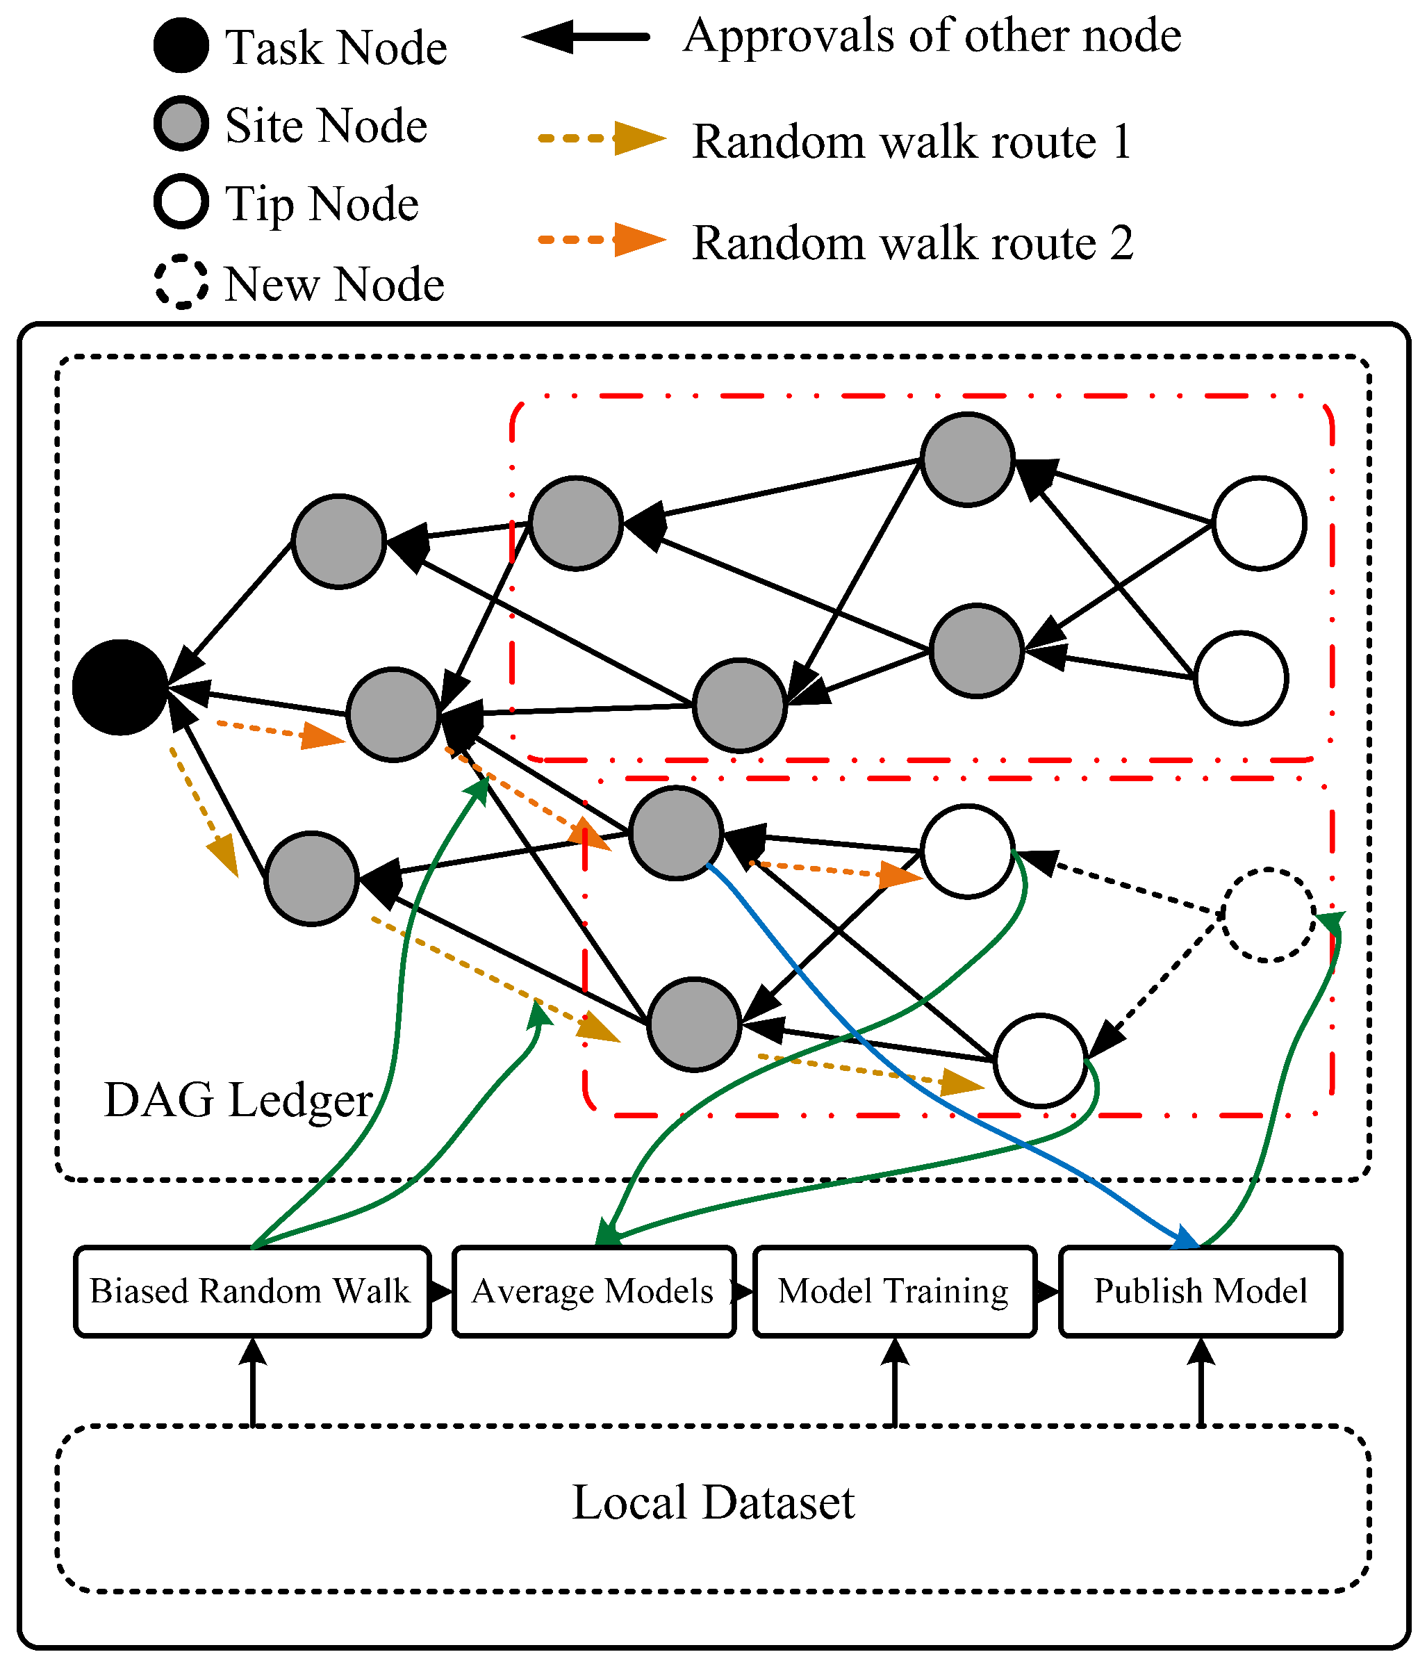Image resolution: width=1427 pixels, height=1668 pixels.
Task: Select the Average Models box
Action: [x=594, y=1291]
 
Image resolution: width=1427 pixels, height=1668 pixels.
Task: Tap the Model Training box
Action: [x=894, y=1291]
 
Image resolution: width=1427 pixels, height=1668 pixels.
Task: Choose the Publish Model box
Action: [x=1200, y=1291]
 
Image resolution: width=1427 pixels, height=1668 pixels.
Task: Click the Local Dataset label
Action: [x=713, y=1502]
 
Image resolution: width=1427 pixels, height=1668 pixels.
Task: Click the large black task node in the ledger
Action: [x=120, y=687]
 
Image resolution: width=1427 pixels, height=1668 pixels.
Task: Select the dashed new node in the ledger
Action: [x=1269, y=915]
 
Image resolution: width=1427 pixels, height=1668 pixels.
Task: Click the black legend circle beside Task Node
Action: [x=181, y=46]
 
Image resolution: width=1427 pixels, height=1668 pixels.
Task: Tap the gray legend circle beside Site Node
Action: [x=181, y=124]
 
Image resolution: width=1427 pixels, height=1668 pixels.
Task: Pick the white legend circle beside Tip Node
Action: [x=181, y=202]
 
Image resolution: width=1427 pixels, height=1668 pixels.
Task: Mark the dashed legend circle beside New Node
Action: [x=181, y=281]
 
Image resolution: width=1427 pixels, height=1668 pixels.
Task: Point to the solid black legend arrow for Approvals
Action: [x=586, y=37]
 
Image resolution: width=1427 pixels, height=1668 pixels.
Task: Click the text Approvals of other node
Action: [x=932, y=36]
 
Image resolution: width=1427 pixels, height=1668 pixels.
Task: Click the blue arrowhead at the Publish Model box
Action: [x=1185, y=1237]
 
